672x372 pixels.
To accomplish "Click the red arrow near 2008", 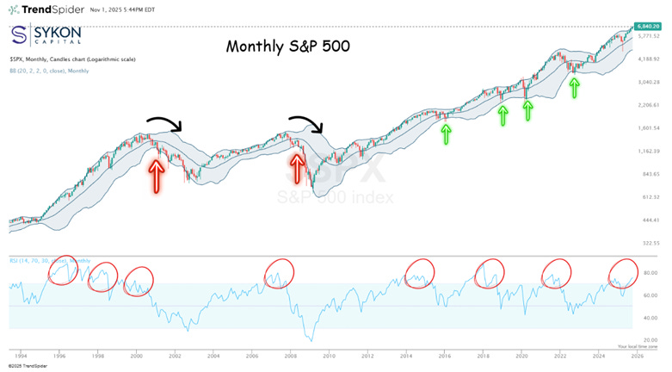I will tap(298, 169).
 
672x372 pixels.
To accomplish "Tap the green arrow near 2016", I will tap(445, 133).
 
